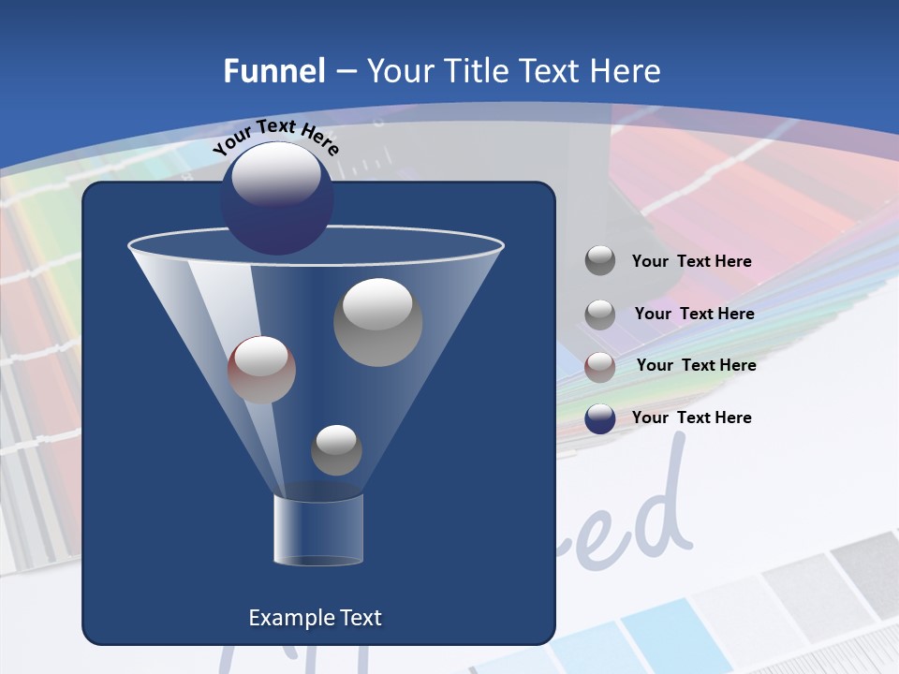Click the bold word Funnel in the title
click(x=274, y=71)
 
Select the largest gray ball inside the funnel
click(x=377, y=322)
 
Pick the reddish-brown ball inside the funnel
click(x=261, y=370)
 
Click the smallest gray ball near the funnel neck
click(x=336, y=450)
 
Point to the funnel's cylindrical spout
click(x=317, y=529)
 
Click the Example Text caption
click(x=315, y=618)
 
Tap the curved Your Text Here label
click(x=275, y=136)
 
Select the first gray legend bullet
click(x=600, y=261)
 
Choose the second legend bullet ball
click(x=600, y=314)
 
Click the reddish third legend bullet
click(x=600, y=366)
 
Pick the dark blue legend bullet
click(x=600, y=418)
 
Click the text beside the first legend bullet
click(x=691, y=261)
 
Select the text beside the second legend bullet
click(x=694, y=314)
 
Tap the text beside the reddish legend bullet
click(x=696, y=365)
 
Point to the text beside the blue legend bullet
click(x=691, y=418)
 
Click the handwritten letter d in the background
click(x=661, y=510)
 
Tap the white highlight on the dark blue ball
click(x=275, y=175)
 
